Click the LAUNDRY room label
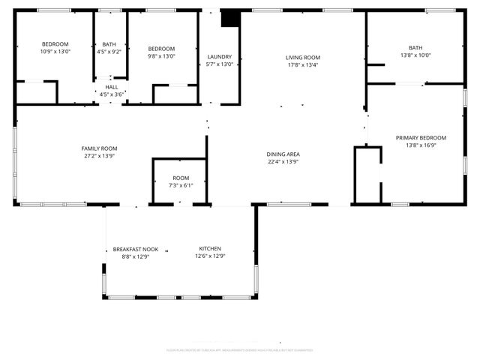point(220,57)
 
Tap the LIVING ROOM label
point(303,57)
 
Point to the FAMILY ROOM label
point(99,148)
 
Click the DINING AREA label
point(283,154)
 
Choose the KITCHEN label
point(210,249)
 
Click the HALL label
point(111,87)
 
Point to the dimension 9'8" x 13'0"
point(161,55)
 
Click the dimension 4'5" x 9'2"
point(109,52)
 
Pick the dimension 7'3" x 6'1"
point(180,185)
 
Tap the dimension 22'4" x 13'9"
point(283,162)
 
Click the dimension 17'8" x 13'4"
point(303,64)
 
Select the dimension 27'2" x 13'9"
point(99,156)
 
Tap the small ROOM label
point(180,178)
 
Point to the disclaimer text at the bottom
point(239,350)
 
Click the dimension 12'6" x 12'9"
point(210,256)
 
